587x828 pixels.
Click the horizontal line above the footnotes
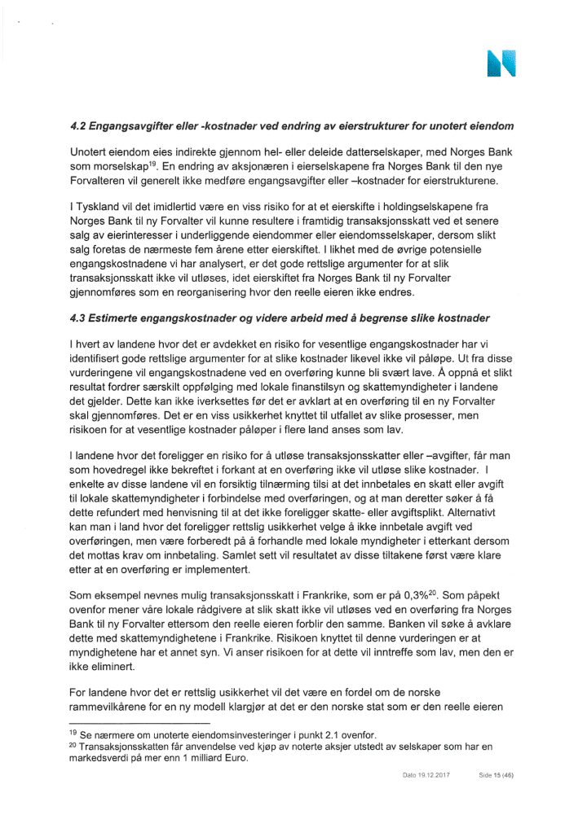pos(139,723)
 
